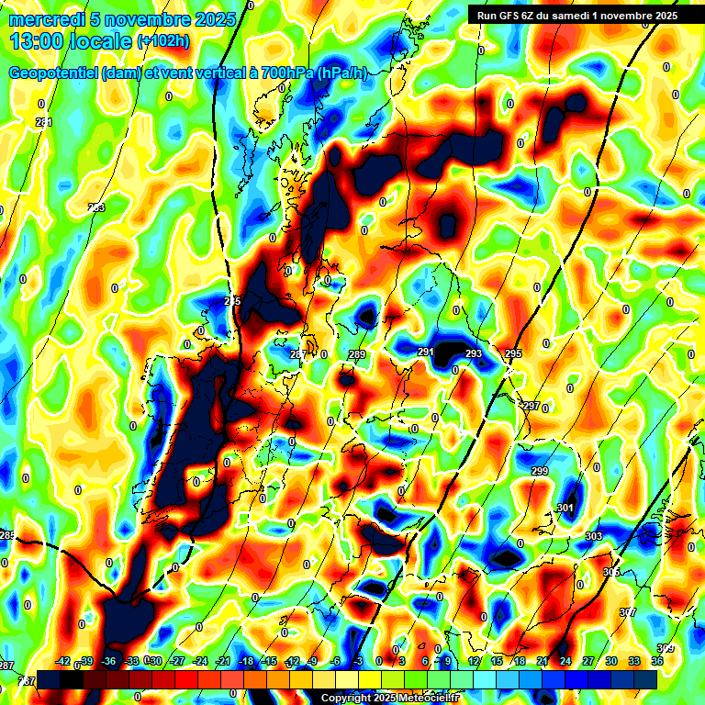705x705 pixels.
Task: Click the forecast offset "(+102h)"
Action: pos(162,41)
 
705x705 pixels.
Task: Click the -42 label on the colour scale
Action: pos(63,661)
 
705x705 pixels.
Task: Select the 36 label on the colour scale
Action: pos(657,661)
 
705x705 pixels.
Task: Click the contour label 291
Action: pos(425,352)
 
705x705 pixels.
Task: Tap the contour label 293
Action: pos(473,354)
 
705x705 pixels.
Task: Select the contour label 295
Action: pos(512,354)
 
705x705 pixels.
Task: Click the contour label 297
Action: pos(531,406)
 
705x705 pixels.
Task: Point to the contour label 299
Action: pos(539,471)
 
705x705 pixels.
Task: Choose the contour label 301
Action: pos(565,509)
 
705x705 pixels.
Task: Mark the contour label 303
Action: pos(593,536)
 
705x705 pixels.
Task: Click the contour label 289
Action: pos(357,355)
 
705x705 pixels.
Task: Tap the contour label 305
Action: pos(611,572)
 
